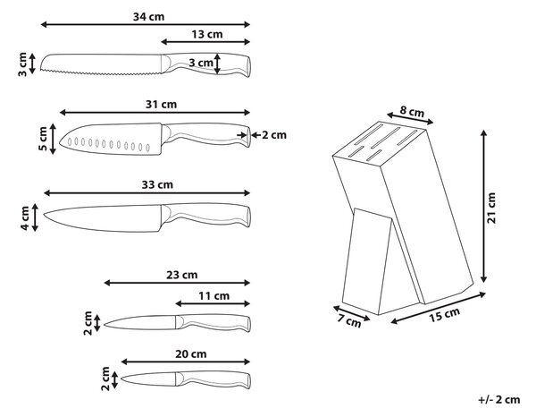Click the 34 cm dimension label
148,16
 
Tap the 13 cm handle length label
207,34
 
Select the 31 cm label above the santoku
161,104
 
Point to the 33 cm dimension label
157,185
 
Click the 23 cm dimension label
182,275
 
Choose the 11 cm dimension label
214,296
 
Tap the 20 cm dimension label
191,354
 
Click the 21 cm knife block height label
491,208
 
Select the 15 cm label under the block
444,315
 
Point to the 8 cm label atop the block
412,112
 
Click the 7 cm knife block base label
349,320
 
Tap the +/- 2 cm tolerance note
499,399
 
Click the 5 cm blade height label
43,139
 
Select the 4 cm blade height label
25,217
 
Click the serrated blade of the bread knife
101,64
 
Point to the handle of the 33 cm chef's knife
205,215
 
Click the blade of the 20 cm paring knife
148,379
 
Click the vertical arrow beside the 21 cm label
483,206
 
